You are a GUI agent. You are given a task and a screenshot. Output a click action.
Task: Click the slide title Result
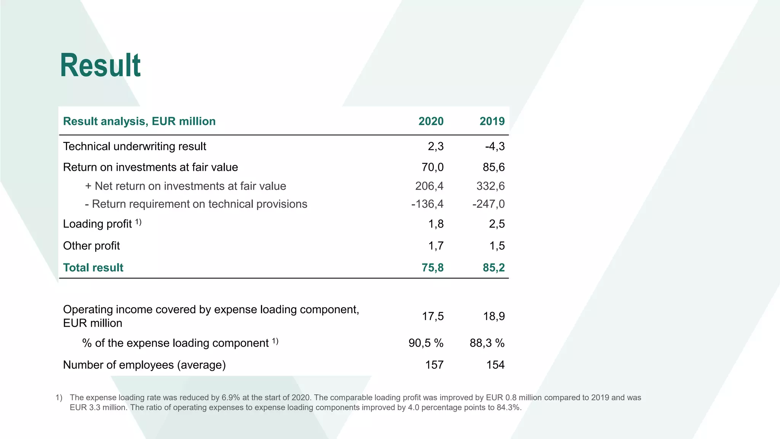point(100,66)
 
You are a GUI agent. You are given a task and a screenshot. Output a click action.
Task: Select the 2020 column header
point(431,121)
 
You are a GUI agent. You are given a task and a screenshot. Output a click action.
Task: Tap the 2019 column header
point(492,121)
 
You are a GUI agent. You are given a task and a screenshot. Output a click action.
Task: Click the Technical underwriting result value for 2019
point(495,146)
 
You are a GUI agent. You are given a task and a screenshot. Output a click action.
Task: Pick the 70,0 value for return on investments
point(432,167)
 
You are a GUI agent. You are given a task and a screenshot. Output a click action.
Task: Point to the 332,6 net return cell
point(490,186)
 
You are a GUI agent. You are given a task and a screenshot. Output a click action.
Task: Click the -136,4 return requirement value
point(427,204)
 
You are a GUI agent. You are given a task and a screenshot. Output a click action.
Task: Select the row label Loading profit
point(97,224)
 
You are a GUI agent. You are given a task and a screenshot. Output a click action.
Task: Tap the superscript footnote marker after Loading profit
point(138,222)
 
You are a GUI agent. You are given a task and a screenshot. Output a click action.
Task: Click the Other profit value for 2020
point(436,246)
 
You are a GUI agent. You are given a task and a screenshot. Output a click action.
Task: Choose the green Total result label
point(93,268)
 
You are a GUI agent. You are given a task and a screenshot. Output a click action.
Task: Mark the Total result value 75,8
point(432,268)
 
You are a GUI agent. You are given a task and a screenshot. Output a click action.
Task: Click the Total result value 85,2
point(494,268)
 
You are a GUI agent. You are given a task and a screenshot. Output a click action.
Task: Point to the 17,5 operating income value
point(433,316)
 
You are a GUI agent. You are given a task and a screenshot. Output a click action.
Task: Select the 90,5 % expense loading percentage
point(426,343)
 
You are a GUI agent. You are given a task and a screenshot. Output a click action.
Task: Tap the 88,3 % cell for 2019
point(487,343)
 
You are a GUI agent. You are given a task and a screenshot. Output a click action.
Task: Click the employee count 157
point(434,365)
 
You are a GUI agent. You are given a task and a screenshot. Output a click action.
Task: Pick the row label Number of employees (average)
point(144,365)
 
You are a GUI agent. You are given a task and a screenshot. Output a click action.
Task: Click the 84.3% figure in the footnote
point(508,407)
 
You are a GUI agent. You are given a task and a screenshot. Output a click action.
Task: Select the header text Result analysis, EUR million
point(139,121)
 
